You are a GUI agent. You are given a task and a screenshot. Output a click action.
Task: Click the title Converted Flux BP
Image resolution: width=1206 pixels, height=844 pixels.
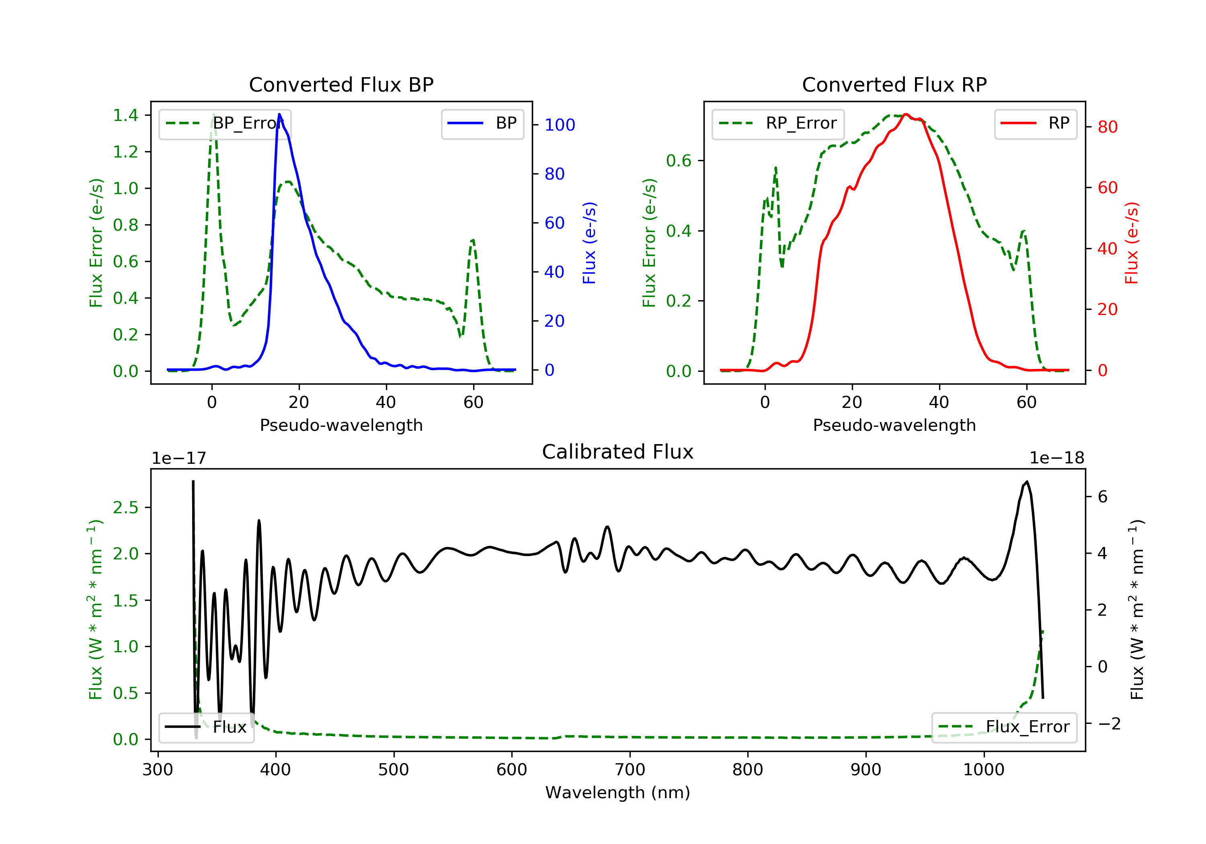[341, 84]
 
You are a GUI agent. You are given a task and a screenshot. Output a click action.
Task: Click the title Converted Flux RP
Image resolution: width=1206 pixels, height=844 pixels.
[894, 84]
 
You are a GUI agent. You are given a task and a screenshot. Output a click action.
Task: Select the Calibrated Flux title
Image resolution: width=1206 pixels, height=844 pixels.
[618, 452]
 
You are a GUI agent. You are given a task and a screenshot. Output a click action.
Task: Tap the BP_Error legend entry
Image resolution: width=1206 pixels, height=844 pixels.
[225, 123]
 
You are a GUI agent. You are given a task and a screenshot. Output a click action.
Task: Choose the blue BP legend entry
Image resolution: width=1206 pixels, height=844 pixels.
[482, 123]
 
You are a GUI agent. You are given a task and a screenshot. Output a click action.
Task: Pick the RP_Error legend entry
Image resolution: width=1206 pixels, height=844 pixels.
[778, 123]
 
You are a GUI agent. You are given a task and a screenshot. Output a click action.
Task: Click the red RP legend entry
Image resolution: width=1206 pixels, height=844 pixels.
[1035, 123]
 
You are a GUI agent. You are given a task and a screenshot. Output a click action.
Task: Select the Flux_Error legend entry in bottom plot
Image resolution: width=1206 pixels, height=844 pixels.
[1004, 727]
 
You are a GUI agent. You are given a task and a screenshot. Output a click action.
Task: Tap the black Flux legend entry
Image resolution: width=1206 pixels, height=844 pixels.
[206, 727]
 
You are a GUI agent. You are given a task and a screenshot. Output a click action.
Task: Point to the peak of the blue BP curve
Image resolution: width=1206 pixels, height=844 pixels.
[279, 114]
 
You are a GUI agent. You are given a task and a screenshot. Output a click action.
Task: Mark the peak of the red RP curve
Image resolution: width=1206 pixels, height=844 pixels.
[906, 114]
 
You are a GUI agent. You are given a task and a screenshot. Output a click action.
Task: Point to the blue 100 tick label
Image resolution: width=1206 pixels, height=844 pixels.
[560, 125]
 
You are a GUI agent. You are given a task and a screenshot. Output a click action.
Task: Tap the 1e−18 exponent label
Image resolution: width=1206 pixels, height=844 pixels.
[1056, 458]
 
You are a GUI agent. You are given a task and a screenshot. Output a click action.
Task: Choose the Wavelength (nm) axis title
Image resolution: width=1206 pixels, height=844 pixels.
[618, 793]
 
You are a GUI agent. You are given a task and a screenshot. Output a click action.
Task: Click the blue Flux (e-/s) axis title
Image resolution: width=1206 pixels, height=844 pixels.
[589, 243]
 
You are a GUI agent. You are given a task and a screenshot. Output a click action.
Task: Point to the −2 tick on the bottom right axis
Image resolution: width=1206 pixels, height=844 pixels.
[1109, 724]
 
